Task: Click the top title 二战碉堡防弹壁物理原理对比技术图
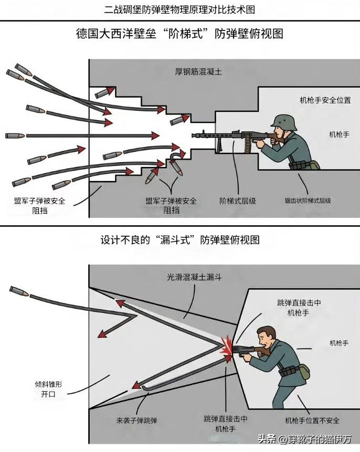[x=180, y=9]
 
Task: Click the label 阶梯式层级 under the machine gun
[x=237, y=201]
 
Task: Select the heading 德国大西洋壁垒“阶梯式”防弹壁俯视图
[x=180, y=34]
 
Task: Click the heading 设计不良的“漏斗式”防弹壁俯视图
[x=180, y=240]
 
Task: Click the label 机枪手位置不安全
[x=312, y=421]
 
